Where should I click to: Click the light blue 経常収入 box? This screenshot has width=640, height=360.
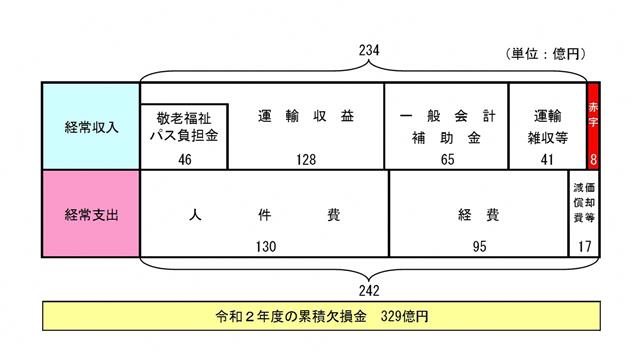(90, 127)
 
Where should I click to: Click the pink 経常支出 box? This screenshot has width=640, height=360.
(90, 214)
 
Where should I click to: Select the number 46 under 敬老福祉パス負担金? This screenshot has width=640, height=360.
(183, 158)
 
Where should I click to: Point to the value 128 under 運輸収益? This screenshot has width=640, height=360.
(306, 158)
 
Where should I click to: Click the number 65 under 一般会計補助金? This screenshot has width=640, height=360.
(447, 158)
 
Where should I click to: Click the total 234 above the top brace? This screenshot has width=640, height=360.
(371, 50)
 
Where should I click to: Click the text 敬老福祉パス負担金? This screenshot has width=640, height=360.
(184, 124)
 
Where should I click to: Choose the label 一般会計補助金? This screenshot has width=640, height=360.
(447, 125)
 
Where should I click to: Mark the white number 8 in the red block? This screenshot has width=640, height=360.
(594, 158)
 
